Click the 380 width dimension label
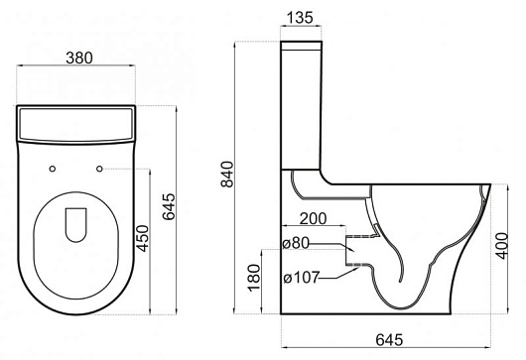click(79, 58)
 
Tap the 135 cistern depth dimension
click(300, 18)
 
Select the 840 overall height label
click(227, 175)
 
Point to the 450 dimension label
click(143, 238)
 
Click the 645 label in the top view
click(169, 206)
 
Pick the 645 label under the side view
click(389, 340)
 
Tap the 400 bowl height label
click(502, 246)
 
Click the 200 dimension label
click(313, 219)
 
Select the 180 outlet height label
click(254, 278)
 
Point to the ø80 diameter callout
click(295, 243)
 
